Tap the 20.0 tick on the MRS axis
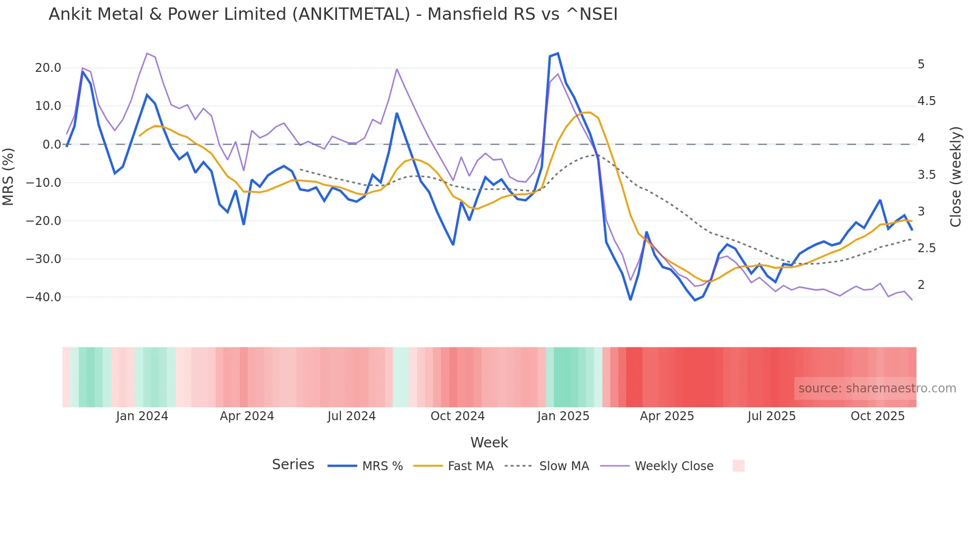[48, 68]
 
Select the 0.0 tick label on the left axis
[52, 145]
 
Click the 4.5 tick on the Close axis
[926, 101]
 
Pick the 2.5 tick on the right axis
[926, 248]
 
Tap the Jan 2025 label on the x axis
[563, 416]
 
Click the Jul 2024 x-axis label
[352, 416]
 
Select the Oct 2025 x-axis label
[877, 416]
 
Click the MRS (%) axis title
[8, 176]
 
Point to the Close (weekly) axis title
[956, 176]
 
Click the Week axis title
[489, 442]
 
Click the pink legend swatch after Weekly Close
[738, 466]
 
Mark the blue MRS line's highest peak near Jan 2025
[558, 54]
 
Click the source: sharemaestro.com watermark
[877, 388]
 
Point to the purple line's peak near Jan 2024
[147, 54]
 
